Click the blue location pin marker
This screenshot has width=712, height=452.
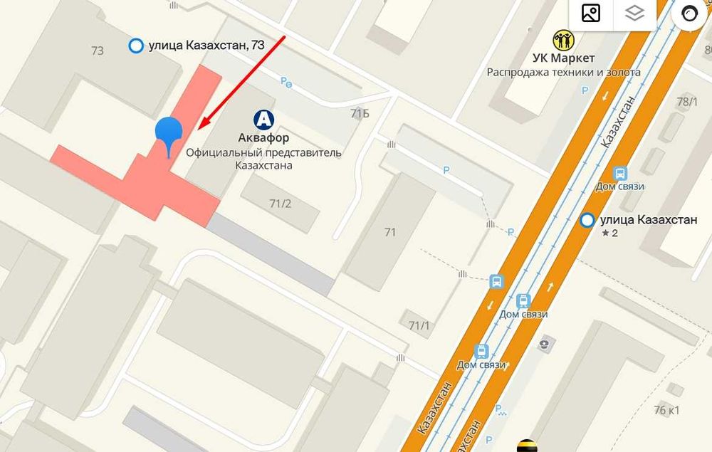coord(169,132)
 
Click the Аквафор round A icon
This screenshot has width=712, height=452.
coord(264,118)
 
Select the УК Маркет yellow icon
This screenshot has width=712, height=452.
coord(563,40)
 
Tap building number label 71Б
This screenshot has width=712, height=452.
coord(360,114)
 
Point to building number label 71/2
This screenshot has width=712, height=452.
coord(280,204)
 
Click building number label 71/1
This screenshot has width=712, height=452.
coord(419,325)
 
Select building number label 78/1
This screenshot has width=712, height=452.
coord(686,103)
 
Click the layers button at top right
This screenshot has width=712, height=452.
coord(634,13)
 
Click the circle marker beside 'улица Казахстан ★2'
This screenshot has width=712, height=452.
coord(587,221)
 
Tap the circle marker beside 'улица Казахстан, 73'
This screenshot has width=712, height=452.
coord(135,46)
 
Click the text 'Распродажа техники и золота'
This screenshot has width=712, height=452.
coord(563,72)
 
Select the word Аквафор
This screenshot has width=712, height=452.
coord(263,137)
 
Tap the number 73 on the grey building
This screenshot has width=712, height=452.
coord(98,51)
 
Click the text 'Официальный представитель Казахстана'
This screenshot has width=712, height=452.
coord(263,159)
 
